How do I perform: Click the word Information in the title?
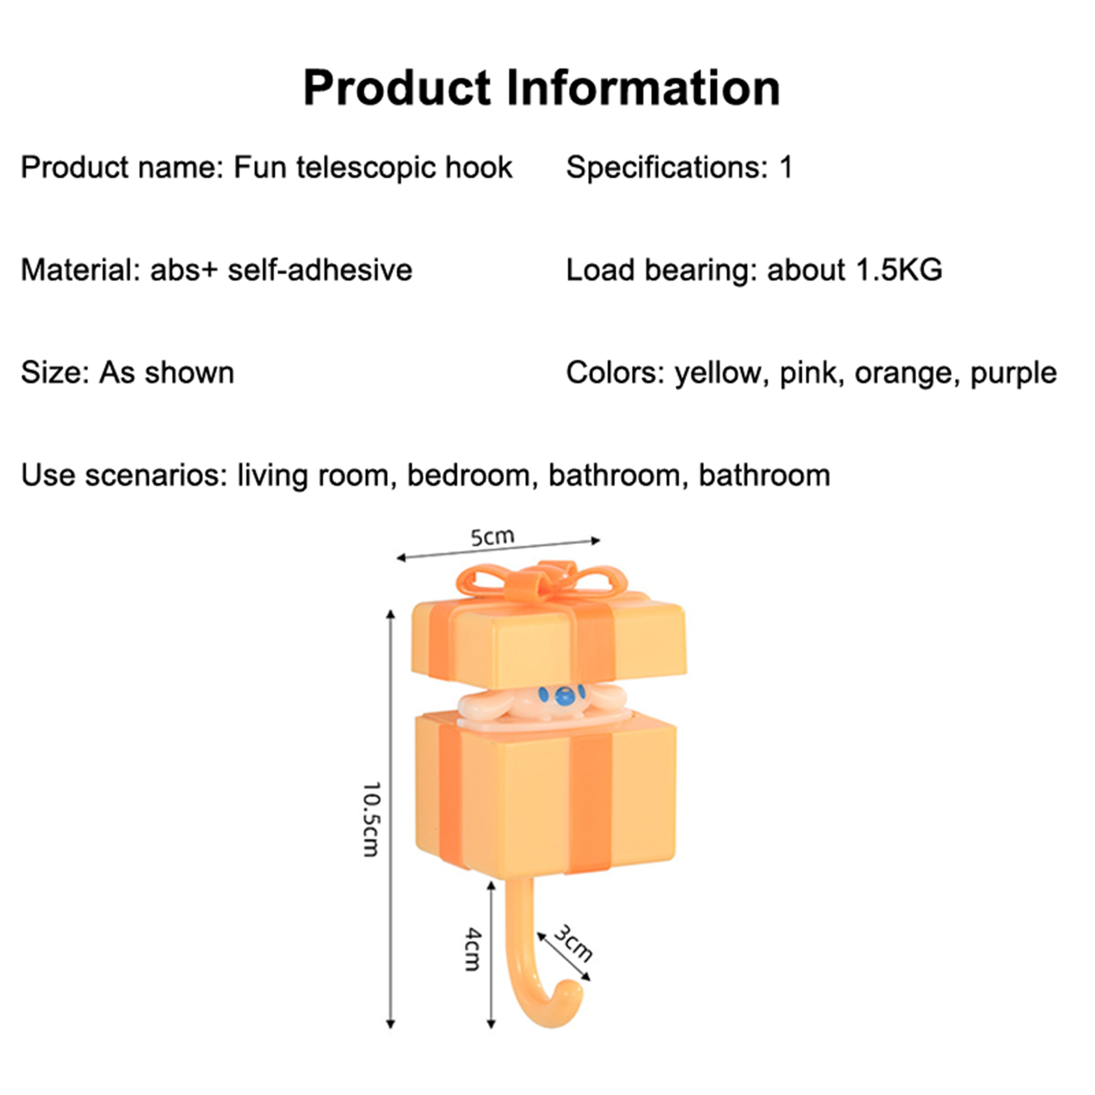point(643,88)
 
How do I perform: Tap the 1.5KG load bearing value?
point(899,270)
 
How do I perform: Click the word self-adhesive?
point(320,270)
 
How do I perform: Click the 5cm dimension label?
point(492,537)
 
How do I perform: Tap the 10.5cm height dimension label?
point(371,819)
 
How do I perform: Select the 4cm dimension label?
point(473,949)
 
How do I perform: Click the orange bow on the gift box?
point(541,582)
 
